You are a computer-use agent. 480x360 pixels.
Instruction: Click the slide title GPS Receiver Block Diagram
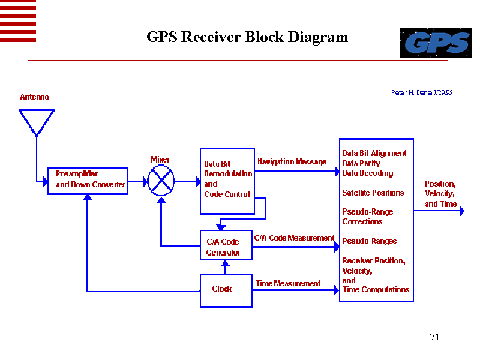247,37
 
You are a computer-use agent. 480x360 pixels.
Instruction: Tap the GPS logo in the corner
436,43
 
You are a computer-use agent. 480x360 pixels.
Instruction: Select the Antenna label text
34,97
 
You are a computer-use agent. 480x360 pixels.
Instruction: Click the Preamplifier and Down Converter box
88,180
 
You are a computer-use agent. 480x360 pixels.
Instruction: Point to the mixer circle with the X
161,180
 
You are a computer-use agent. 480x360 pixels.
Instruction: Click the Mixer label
160,160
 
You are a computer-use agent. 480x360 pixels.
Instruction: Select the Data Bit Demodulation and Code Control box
226,181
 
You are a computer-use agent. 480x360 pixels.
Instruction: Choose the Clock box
226,290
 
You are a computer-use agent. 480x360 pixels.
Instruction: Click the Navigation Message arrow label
292,162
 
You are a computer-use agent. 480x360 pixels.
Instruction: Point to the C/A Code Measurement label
294,238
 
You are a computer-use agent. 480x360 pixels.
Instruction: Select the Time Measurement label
288,283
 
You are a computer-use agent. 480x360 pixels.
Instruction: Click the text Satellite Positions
373,193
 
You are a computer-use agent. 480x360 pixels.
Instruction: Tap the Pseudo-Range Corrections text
367,217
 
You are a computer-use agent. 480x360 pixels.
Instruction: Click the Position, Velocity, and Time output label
440,194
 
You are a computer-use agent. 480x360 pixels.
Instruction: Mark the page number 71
435,337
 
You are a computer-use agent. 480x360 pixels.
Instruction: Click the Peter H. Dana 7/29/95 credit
422,92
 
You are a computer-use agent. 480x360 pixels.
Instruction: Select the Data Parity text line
361,163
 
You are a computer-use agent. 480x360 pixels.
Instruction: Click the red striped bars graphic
18,21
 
